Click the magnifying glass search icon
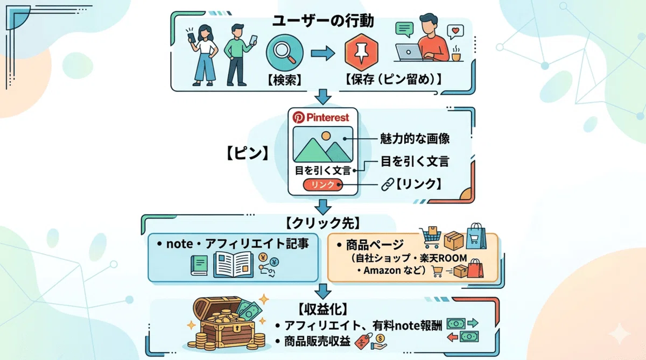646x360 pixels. (x=285, y=53)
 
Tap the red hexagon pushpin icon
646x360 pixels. (x=361, y=52)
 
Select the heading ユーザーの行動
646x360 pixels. (x=323, y=21)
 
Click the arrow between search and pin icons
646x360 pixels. (x=322, y=53)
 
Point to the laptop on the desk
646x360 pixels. (x=410, y=52)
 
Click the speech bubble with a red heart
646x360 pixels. (x=455, y=32)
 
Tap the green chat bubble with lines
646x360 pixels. (x=404, y=30)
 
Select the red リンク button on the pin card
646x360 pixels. (x=322, y=185)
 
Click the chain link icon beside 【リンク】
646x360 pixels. (x=387, y=185)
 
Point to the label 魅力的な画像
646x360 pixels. (x=415, y=139)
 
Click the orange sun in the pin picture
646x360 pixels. (x=326, y=136)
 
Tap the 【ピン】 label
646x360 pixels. (x=248, y=153)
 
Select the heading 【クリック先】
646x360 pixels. (x=323, y=223)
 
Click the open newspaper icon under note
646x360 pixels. (x=233, y=264)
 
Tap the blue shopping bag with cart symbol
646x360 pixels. (x=476, y=236)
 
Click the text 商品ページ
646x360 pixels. (x=375, y=245)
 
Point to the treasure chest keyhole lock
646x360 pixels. (x=236, y=328)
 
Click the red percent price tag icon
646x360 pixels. (x=363, y=341)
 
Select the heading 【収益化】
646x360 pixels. (x=322, y=309)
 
